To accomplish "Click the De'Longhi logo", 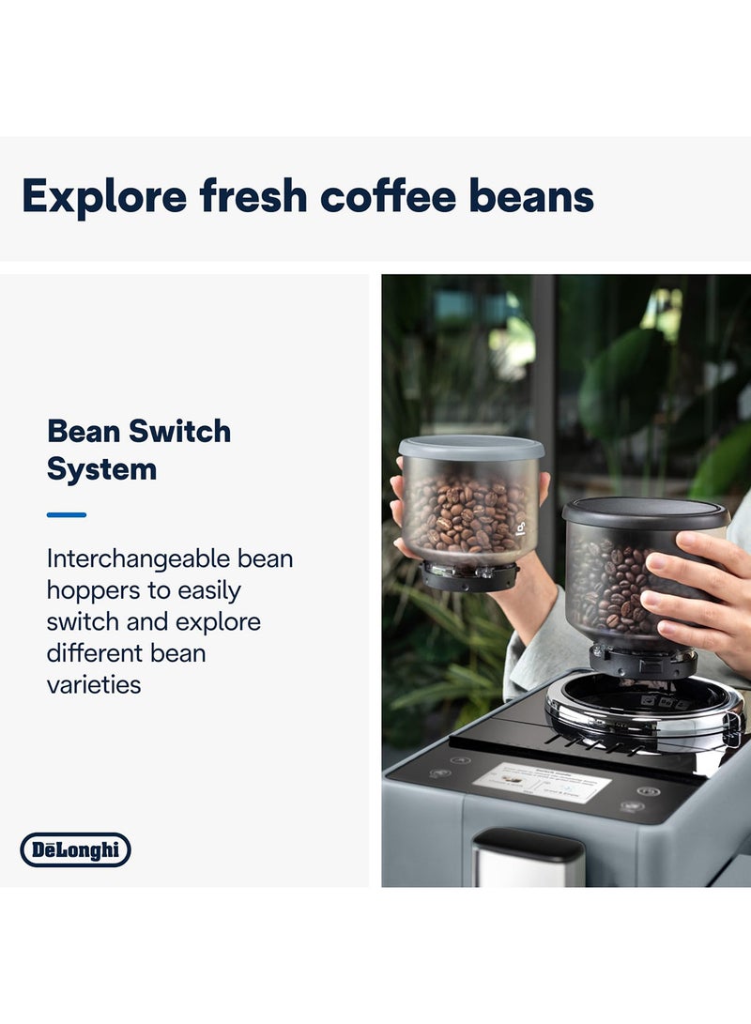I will pyautogui.click(x=76, y=850).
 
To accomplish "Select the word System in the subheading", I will pyautogui.click(x=101, y=469).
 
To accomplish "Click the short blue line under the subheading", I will pyautogui.click(x=66, y=514).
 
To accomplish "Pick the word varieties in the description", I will pyautogui.click(x=94, y=684).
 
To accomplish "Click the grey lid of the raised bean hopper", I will pyautogui.click(x=471, y=448).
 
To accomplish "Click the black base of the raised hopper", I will pyautogui.click(x=469, y=575).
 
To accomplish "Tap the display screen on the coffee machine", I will pyautogui.click(x=541, y=782).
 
